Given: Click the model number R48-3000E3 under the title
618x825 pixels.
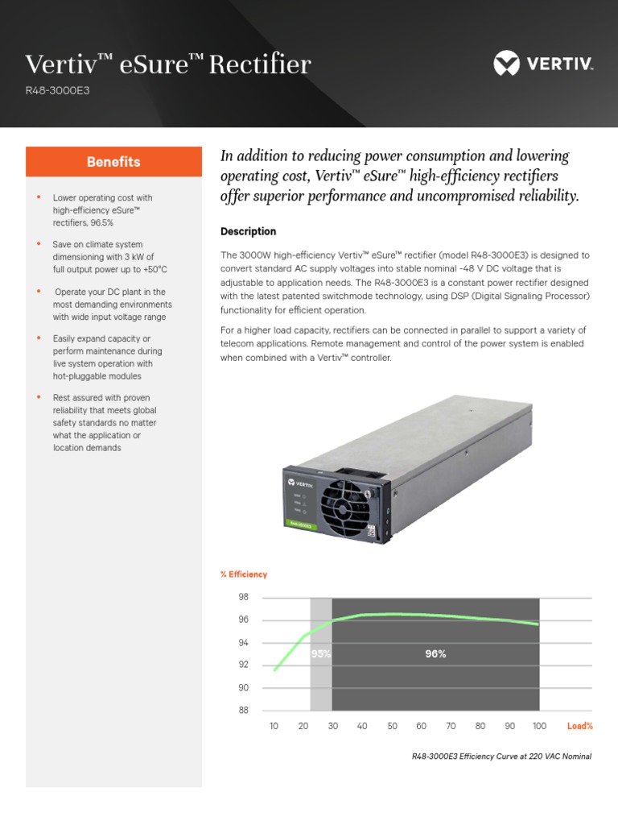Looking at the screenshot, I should pyautogui.click(x=57, y=90).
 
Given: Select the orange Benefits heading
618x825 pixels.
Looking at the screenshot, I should pyautogui.click(x=113, y=162).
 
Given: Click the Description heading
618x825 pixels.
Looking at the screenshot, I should pyautogui.click(x=248, y=231).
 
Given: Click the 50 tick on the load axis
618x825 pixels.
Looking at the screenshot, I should pyautogui.click(x=392, y=726).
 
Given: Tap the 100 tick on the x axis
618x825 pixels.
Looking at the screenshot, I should pyautogui.click(x=539, y=726).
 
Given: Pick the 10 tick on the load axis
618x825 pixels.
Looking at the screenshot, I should pyautogui.click(x=274, y=726).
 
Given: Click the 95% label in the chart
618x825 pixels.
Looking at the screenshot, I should pyautogui.click(x=321, y=654).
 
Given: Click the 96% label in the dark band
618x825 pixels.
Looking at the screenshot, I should pyautogui.click(x=435, y=654).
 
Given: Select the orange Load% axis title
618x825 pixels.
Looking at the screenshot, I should pyautogui.click(x=579, y=726).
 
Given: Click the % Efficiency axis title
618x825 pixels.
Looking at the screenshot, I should pyautogui.click(x=244, y=574).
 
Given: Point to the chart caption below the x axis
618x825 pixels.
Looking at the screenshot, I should pyautogui.click(x=501, y=757).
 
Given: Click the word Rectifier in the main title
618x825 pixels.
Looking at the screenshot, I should pyautogui.click(x=260, y=64).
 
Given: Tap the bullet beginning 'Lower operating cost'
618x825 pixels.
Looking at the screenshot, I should pyautogui.click(x=102, y=209).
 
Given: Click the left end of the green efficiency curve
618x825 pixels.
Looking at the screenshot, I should pyautogui.click(x=274, y=670).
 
